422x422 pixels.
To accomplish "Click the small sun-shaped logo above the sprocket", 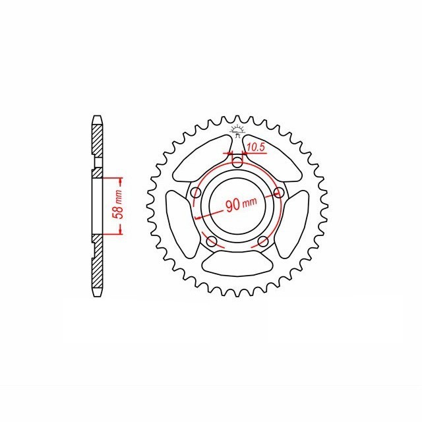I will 237,127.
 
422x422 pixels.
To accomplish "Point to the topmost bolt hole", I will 237,163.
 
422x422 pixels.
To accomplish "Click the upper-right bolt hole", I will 279,193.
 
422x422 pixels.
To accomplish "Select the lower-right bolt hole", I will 263,242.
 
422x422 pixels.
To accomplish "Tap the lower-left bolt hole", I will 211,242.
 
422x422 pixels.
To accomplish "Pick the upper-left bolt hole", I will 195,193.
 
